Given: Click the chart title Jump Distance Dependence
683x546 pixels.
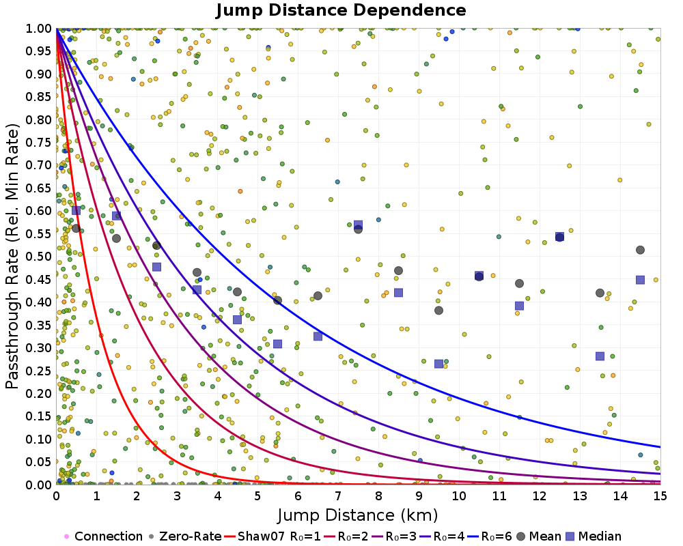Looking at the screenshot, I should tap(341, 11).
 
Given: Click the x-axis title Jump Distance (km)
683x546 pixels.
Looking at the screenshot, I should tap(357, 514).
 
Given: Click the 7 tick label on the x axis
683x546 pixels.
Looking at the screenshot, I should tap(338, 496).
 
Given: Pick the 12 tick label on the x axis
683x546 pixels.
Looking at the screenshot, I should tap(540, 496).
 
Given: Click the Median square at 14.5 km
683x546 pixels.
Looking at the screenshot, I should tap(641, 280).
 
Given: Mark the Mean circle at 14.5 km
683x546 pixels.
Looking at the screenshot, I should tap(640, 250).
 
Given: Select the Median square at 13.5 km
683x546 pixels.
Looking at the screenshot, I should tap(600, 356).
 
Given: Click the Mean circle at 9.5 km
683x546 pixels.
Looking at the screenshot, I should tap(438, 311).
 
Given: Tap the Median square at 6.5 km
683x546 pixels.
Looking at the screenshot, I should tap(318, 336).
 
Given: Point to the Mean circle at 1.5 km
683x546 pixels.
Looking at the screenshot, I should tap(116, 238).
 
